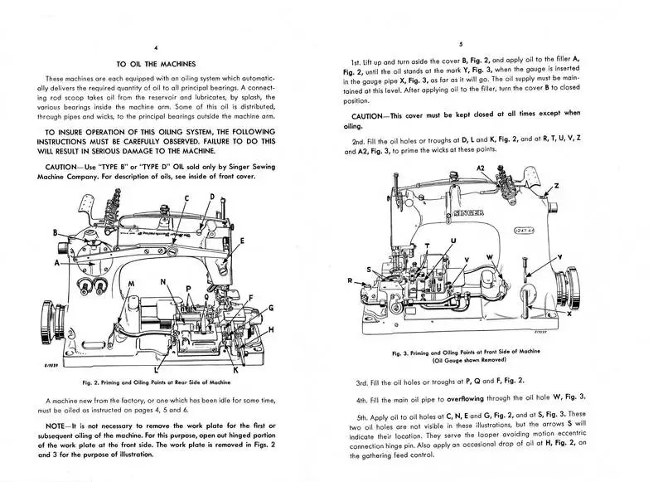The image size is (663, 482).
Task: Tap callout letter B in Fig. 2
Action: pyautogui.click(x=55, y=232)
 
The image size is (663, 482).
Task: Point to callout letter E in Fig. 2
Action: pyautogui.click(x=241, y=241)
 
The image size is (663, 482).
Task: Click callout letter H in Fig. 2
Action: pyautogui.click(x=271, y=329)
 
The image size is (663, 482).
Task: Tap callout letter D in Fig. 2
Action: pyautogui.click(x=212, y=197)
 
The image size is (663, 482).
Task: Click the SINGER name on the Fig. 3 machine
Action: pyautogui.click(x=468, y=213)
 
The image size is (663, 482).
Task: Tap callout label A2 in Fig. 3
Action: pyautogui.click(x=480, y=168)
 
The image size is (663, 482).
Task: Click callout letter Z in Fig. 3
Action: pyautogui.click(x=556, y=185)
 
